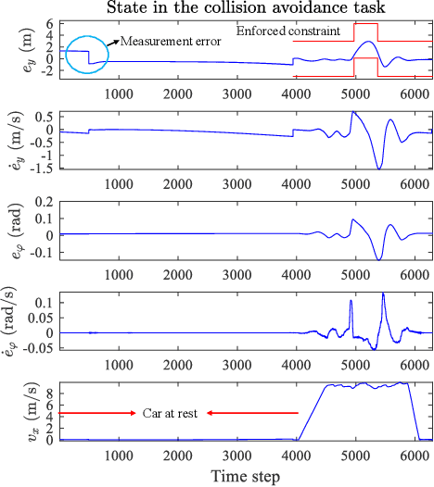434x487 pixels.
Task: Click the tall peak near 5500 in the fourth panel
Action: point(384,294)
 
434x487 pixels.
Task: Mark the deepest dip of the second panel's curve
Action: point(378,169)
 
